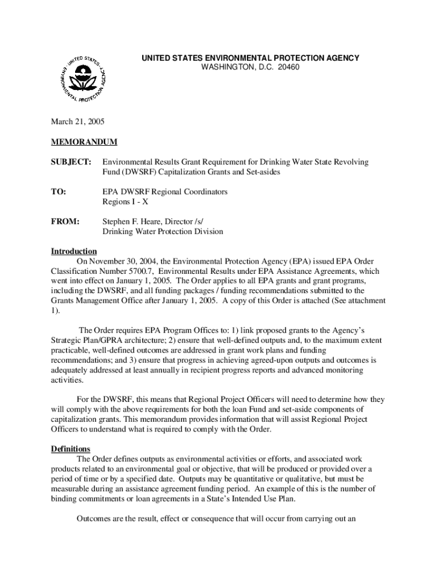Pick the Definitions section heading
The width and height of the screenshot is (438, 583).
pyautogui.click(x=71, y=449)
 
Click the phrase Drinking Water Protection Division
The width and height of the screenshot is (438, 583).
pyautogui.click(x=163, y=232)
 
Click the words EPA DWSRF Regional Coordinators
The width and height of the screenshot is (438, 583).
pyautogui.click(x=165, y=192)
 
